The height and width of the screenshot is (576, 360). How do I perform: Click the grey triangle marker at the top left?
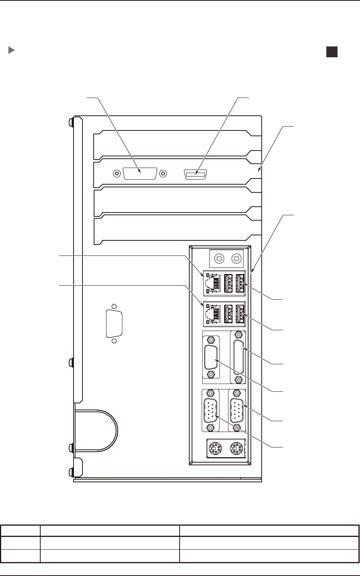tap(12, 50)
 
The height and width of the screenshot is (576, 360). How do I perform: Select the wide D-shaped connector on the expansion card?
tap(140, 173)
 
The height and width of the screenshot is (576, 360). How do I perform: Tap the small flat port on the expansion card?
tap(196, 175)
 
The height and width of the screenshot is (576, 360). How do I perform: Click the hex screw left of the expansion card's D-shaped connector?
tap(116, 173)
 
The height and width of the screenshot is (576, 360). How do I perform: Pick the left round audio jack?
tap(219, 258)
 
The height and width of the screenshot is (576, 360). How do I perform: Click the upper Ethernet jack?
tap(213, 283)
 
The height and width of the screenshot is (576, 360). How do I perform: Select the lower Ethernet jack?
tap(213, 314)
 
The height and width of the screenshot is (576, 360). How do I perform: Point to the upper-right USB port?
tap(240, 282)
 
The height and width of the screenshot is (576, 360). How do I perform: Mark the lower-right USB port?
tap(240, 314)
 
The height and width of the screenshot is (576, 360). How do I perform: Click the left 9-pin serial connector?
tap(211, 411)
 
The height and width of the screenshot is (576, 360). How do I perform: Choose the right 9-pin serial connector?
tap(237, 411)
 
